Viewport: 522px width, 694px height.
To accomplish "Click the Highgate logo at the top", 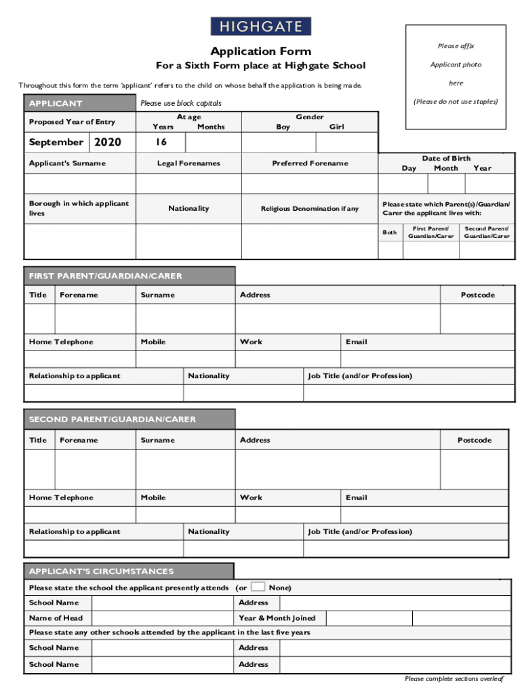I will tap(260, 26).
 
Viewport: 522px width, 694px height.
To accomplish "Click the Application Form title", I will tap(260, 52).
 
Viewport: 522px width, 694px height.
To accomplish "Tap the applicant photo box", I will tap(456, 77).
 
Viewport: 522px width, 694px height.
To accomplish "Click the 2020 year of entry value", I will tap(107, 142).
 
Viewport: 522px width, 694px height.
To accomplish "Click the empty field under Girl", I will tap(346, 142).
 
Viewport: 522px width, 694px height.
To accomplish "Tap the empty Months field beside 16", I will tap(213, 142).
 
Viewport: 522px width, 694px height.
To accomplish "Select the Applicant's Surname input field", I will tap(80, 184).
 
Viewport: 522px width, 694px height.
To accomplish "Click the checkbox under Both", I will tap(390, 251).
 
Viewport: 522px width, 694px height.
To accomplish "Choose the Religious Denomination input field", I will tap(309, 242).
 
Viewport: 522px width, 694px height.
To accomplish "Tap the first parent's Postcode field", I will tap(477, 319).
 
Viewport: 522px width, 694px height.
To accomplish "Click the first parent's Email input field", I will tap(427, 359).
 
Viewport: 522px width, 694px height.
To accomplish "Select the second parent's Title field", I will tap(40, 469).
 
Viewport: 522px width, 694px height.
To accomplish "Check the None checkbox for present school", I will tap(258, 587).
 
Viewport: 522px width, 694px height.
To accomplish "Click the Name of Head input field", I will tap(163, 618).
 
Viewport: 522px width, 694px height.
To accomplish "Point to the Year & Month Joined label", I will tap(277, 618).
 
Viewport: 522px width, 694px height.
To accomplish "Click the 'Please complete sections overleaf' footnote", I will tap(454, 678).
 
